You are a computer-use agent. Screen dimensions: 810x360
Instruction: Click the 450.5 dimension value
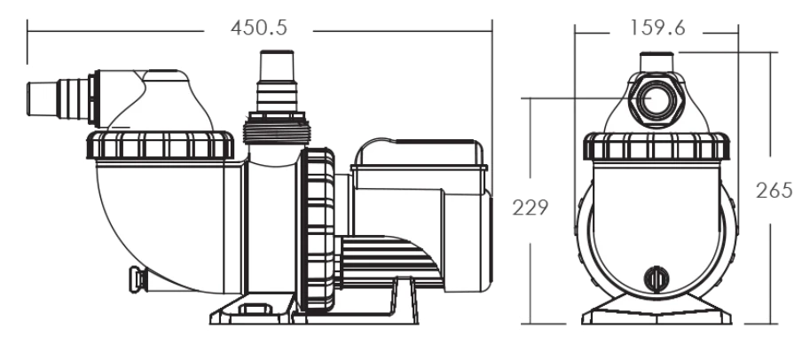click(258, 27)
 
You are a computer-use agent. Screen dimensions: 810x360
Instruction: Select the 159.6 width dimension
click(657, 27)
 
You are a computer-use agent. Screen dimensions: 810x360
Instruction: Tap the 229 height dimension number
click(530, 207)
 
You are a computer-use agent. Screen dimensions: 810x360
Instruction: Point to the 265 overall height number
click(774, 191)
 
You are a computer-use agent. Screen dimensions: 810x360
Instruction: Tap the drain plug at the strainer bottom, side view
click(138, 279)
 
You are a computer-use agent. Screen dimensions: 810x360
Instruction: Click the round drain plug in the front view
click(656, 279)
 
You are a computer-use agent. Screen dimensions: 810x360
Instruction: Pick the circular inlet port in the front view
click(657, 99)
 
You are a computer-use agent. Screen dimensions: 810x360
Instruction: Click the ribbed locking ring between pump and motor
click(318, 231)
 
